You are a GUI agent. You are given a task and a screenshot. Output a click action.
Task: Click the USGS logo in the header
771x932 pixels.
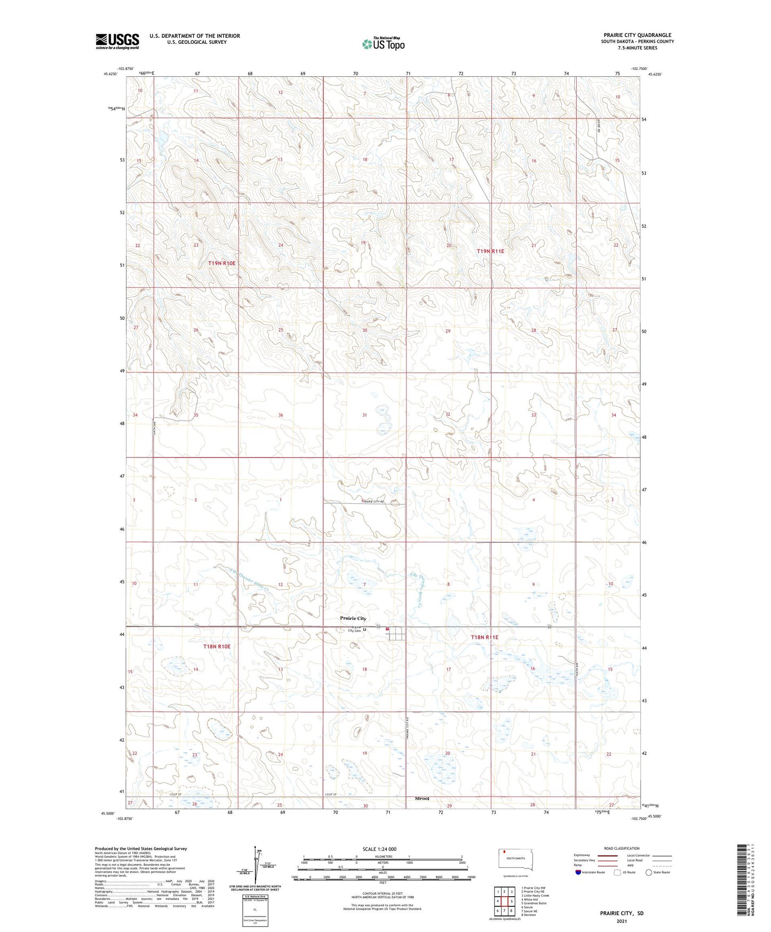pos(117,41)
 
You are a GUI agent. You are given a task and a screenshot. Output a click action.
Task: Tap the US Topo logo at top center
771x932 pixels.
pos(383,44)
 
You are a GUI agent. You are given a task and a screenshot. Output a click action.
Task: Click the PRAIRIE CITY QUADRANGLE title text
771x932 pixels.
pos(637,35)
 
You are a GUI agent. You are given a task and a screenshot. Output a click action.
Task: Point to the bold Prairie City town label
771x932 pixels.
pos(353,618)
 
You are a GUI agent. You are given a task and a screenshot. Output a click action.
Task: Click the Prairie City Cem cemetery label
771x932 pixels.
pos(354,629)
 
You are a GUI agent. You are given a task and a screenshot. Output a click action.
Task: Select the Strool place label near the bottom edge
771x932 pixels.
pos(422,799)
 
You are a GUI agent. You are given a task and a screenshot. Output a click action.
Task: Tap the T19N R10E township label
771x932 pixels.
pos(221,263)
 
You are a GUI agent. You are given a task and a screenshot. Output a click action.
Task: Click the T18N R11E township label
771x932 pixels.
pos(484,637)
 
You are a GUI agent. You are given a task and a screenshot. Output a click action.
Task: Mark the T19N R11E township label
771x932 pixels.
pos(490,251)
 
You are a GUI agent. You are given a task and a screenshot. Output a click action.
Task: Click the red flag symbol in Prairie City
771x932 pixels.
pos(387,629)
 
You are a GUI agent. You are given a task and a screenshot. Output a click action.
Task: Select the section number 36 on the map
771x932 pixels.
pos(281,415)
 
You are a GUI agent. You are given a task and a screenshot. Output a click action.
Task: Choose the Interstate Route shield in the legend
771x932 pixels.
pos(579,872)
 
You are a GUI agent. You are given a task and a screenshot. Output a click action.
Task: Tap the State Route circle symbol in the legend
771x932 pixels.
pos(649,872)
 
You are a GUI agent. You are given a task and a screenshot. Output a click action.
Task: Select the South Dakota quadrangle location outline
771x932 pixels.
pos(515,860)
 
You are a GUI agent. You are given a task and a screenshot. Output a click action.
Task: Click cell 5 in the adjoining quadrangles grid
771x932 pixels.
pos(511,902)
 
